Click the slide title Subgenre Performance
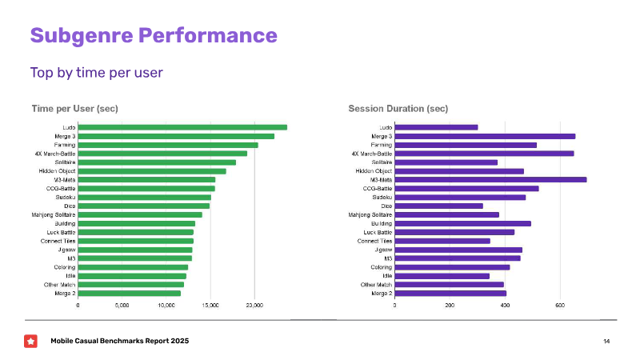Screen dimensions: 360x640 pyautogui.click(x=154, y=35)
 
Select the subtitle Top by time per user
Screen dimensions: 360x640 pyautogui.click(x=97, y=73)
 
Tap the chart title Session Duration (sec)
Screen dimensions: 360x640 pyautogui.click(x=398, y=109)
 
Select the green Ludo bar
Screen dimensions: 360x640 pyautogui.click(x=182, y=127)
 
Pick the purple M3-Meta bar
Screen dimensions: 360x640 pyautogui.click(x=490, y=179)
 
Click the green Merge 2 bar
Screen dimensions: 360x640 pyautogui.click(x=130, y=294)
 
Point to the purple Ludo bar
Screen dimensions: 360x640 pyautogui.click(x=436, y=127)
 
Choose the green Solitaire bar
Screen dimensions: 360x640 pyautogui.click(x=157, y=162)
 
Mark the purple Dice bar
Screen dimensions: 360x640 pyautogui.click(x=438, y=206)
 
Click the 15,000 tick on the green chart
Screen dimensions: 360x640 pyautogui.click(x=210, y=306)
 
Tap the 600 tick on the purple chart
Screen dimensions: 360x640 pyautogui.click(x=560, y=306)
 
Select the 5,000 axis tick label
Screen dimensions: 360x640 pyautogui.click(x=122, y=306)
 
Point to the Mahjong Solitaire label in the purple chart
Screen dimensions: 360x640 pyautogui.click(x=370, y=214)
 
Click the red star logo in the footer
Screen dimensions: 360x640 pyautogui.click(x=30, y=342)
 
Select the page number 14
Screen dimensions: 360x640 pyautogui.click(x=606, y=342)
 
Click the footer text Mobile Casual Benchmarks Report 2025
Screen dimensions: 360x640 pyautogui.click(x=120, y=342)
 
